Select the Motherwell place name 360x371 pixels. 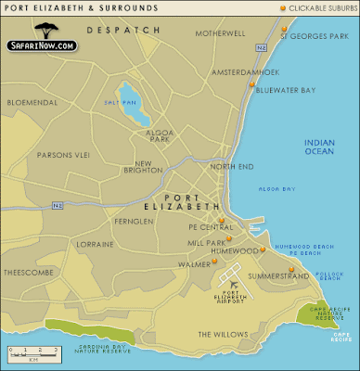click(x=220, y=33)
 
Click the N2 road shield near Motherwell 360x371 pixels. click(x=263, y=45)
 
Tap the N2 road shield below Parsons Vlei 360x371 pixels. click(x=58, y=203)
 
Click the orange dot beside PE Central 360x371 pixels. click(x=224, y=223)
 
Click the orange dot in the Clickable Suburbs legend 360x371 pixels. click(x=284, y=8)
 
